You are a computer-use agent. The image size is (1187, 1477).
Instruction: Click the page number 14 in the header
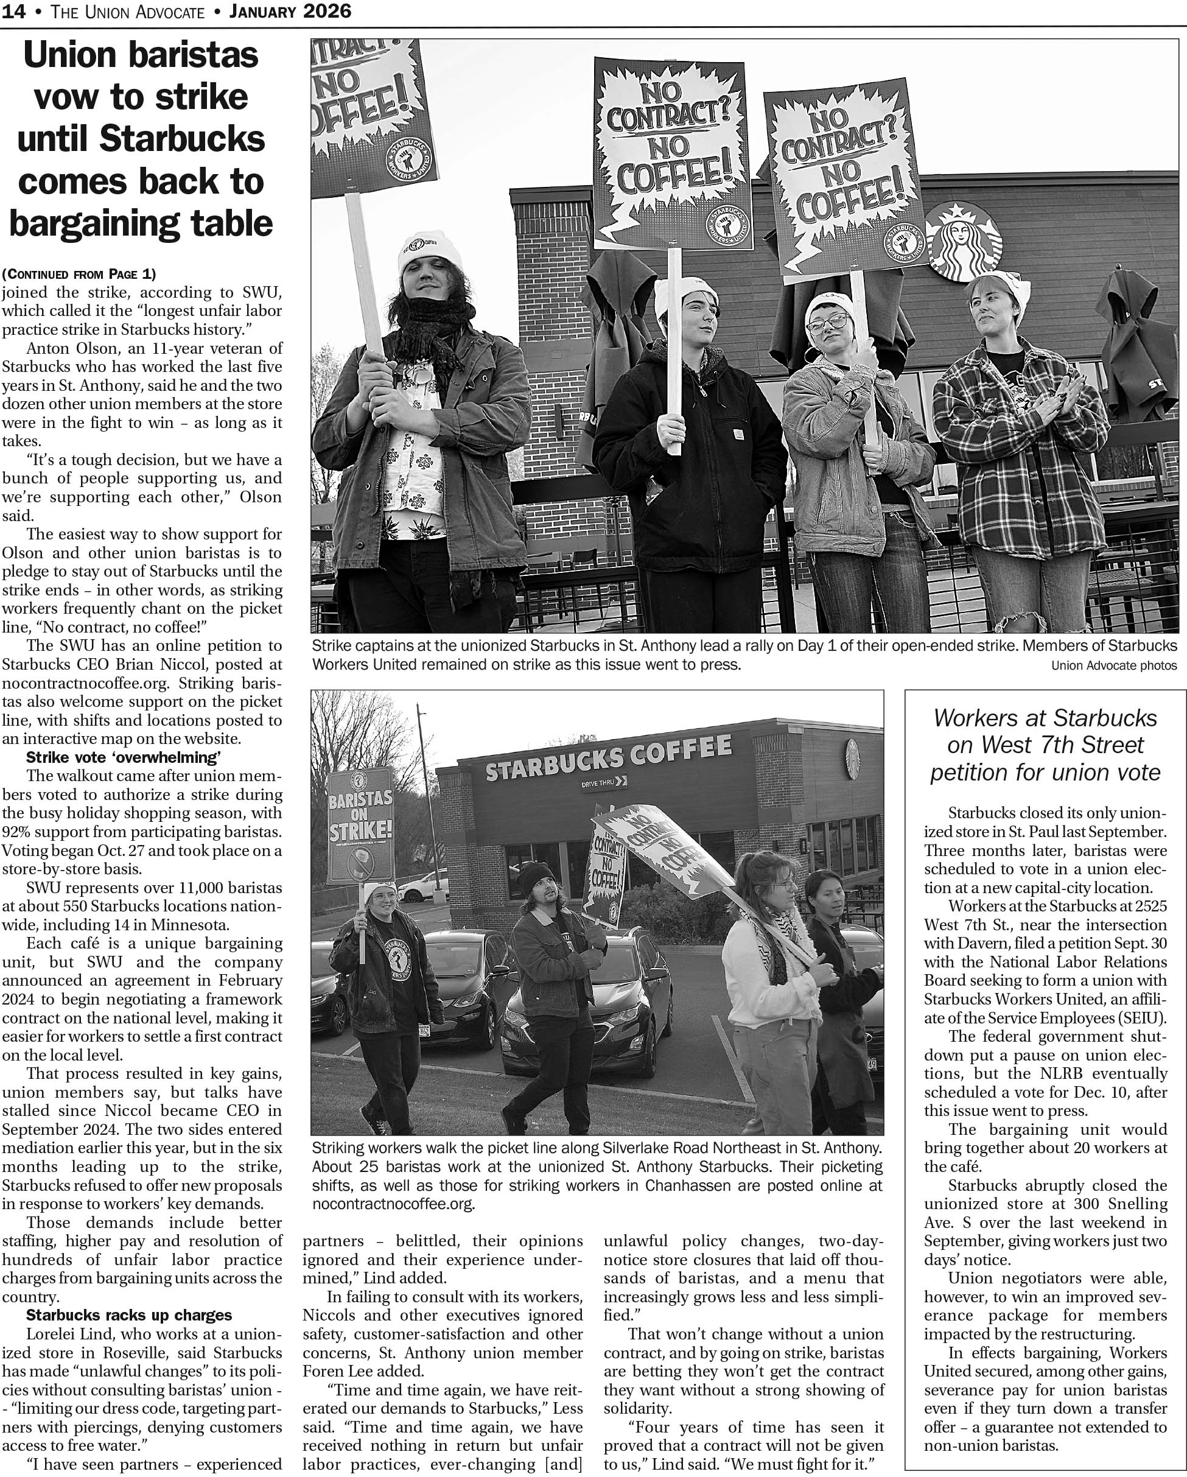click(14, 12)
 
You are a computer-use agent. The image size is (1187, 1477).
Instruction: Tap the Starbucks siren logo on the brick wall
click(963, 240)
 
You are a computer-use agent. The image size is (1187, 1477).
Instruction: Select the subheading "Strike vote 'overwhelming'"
click(124, 758)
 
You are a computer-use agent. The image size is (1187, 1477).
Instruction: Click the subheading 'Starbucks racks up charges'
click(129, 1315)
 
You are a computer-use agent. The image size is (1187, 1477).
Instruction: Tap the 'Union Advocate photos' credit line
click(1114, 665)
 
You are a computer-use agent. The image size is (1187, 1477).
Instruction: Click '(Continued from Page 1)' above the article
click(79, 274)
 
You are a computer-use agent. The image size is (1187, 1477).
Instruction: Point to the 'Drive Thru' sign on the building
click(603, 782)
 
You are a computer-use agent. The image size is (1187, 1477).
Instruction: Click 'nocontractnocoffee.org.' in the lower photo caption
click(393, 1203)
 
